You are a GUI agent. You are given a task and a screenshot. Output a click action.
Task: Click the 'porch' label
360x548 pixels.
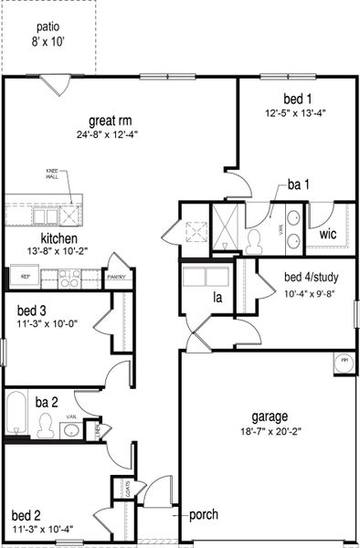tap(203, 514)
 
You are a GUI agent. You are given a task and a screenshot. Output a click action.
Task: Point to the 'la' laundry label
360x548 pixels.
tap(218, 297)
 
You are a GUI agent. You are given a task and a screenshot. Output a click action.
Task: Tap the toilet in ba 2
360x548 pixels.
tap(46, 424)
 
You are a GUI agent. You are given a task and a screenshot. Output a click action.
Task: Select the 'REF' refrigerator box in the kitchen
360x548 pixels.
tap(26, 275)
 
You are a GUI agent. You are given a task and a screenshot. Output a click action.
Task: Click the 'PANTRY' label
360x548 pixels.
tap(116, 277)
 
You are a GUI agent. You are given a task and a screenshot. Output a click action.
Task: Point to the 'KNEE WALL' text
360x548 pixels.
tap(51, 173)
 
